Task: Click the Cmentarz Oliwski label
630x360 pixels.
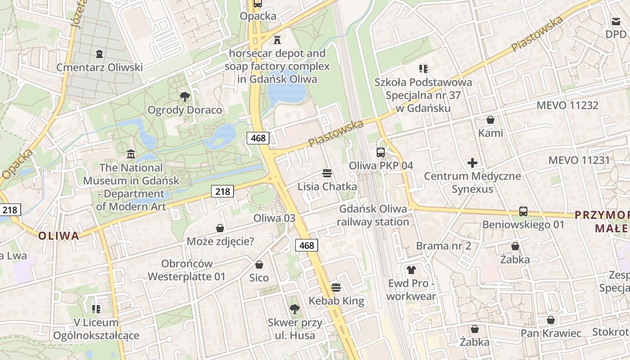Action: (x=99, y=67)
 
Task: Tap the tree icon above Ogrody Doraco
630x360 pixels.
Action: (x=184, y=96)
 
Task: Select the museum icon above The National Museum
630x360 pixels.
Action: (x=131, y=154)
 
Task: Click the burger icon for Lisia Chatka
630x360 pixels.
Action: (x=327, y=173)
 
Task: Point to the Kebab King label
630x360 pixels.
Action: (x=336, y=301)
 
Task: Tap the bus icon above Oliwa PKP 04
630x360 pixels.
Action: (x=381, y=152)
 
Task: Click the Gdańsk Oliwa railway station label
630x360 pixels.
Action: (x=373, y=215)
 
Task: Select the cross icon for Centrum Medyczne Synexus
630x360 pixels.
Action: (x=472, y=162)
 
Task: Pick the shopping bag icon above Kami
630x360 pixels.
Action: (x=490, y=120)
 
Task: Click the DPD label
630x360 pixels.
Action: (x=616, y=34)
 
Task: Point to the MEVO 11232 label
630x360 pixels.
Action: (x=567, y=105)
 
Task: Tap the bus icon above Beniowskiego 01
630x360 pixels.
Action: (x=523, y=211)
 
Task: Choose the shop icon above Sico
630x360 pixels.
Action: (x=259, y=265)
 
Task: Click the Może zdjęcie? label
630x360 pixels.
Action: (x=220, y=242)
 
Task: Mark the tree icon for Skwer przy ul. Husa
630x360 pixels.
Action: (x=295, y=309)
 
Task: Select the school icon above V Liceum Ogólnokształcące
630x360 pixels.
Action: (x=96, y=309)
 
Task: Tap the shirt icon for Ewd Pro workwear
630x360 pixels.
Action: (x=411, y=270)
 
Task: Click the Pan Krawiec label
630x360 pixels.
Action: (x=551, y=333)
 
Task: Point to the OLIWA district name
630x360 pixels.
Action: (x=58, y=236)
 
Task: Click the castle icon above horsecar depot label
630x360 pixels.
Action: (x=277, y=40)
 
